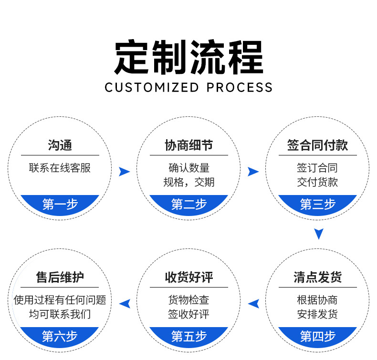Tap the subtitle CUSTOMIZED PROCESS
click(x=188, y=88)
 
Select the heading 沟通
click(x=60, y=145)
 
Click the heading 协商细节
click(x=189, y=145)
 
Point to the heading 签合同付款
click(x=317, y=145)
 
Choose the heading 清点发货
click(x=317, y=278)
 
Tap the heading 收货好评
click(x=189, y=278)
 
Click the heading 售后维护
click(x=60, y=278)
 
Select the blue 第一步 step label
click(x=60, y=205)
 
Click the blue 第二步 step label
click(x=189, y=205)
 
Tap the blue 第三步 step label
click(x=318, y=205)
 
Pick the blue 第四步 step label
click(x=318, y=336)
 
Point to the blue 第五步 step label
click(x=189, y=336)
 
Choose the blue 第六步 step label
click(x=60, y=336)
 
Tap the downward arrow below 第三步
click(x=319, y=234)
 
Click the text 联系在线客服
click(x=60, y=168)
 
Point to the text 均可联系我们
click(x=60, y=315)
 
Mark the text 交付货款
click(x=317, y=182)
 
